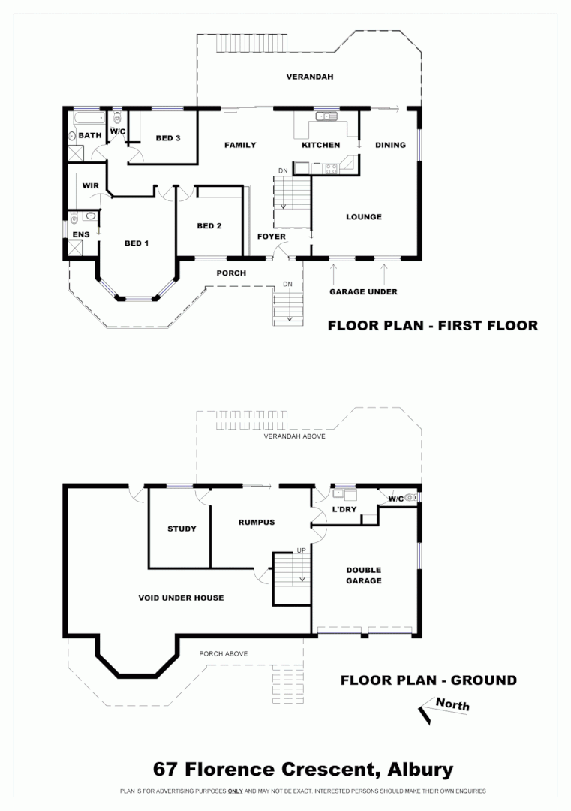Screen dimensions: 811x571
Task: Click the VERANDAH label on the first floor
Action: click(x=309, y=77)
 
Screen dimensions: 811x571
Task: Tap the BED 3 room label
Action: click(x=168, y=138)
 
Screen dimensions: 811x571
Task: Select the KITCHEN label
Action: click(x=320, y=145)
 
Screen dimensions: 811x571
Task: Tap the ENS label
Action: click(x=80, y=235)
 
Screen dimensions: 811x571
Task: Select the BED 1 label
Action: click(x=137, y=243)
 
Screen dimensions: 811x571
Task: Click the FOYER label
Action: click(x=271, y=237)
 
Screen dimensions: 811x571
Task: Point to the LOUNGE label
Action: click(x=363, y=217)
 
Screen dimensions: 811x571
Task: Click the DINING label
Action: click(x=390, y=145)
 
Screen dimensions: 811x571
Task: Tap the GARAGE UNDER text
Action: click(x=363, y=291)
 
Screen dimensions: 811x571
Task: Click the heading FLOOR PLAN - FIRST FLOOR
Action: click(x=432, y=326)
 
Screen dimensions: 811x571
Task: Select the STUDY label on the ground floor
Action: click(x=182, y=529)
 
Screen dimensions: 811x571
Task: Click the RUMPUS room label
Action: click(x=257, y=523)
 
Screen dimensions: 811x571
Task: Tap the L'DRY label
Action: click(x=344, y=510)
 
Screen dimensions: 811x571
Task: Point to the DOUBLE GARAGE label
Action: click(x=363, y=575)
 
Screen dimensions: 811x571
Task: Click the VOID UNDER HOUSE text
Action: click(x=181, y=598)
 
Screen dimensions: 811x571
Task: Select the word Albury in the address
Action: click(x=419, y=769)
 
